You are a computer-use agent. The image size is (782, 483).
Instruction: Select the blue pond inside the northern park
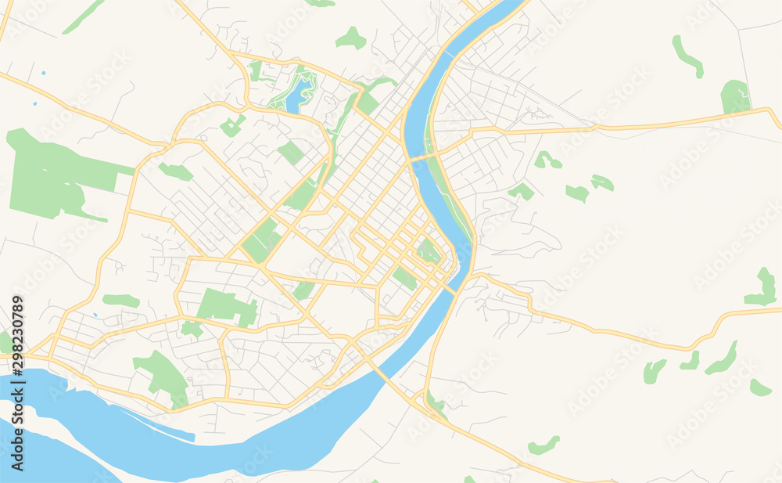[x=296, y=97]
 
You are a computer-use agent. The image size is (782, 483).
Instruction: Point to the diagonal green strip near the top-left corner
[x=83, y=16]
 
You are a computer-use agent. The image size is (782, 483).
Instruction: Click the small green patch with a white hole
[x=427, y=251]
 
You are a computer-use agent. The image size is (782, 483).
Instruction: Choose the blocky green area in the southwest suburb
[x=226, y=306]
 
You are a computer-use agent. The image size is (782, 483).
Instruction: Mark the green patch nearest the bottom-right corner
[x=759, y=387]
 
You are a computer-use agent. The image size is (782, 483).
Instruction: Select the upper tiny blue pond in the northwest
[x=43, y=73]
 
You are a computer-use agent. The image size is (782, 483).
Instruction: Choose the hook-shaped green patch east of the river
[x=547, y=160]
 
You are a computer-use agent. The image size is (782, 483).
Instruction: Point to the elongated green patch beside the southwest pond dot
[x=120, y=301]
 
